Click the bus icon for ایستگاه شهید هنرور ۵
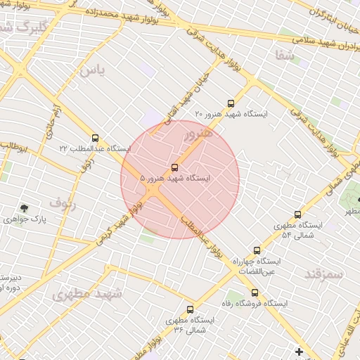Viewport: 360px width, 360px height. tap(174, 167)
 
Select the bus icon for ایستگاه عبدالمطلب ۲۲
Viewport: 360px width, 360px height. tap(95, 138)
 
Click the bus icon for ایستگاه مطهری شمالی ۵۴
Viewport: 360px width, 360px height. tap(297, 214)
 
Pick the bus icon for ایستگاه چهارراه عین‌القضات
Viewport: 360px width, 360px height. tap(256, 250)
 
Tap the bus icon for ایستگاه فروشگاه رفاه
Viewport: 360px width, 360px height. tap(255, 293)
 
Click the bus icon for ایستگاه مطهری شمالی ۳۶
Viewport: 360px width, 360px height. tap(190, 309)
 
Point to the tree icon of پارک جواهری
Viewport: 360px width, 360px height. tap(25, 208)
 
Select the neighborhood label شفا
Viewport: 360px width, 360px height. tap(285, 56)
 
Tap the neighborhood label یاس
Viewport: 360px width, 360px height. tap(91, 70)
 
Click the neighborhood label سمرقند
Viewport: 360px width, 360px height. tap(324, 274)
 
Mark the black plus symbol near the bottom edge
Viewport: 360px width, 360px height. tap(299, 352)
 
